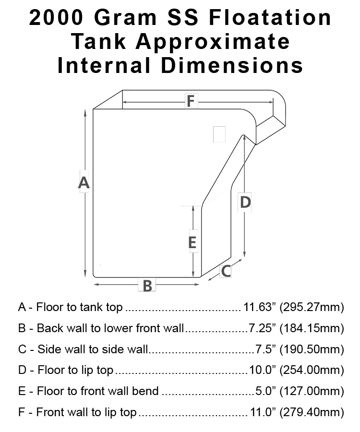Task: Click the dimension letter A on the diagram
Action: (x=84, y=182)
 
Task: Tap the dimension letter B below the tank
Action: (x=147, y=286)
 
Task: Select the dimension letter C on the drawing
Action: (x=226, y=271)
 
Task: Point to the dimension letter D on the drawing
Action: (x=245, y=202)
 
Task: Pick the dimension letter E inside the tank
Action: (x=192, y=242)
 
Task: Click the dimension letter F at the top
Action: (x=191, y=101)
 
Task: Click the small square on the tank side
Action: (x=219, y=134)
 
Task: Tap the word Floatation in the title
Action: (x=270, y=18)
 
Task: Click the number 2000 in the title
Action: (x=56, y=18)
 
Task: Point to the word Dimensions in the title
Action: (x=232, y=65)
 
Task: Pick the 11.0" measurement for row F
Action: (x=263, y=412)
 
